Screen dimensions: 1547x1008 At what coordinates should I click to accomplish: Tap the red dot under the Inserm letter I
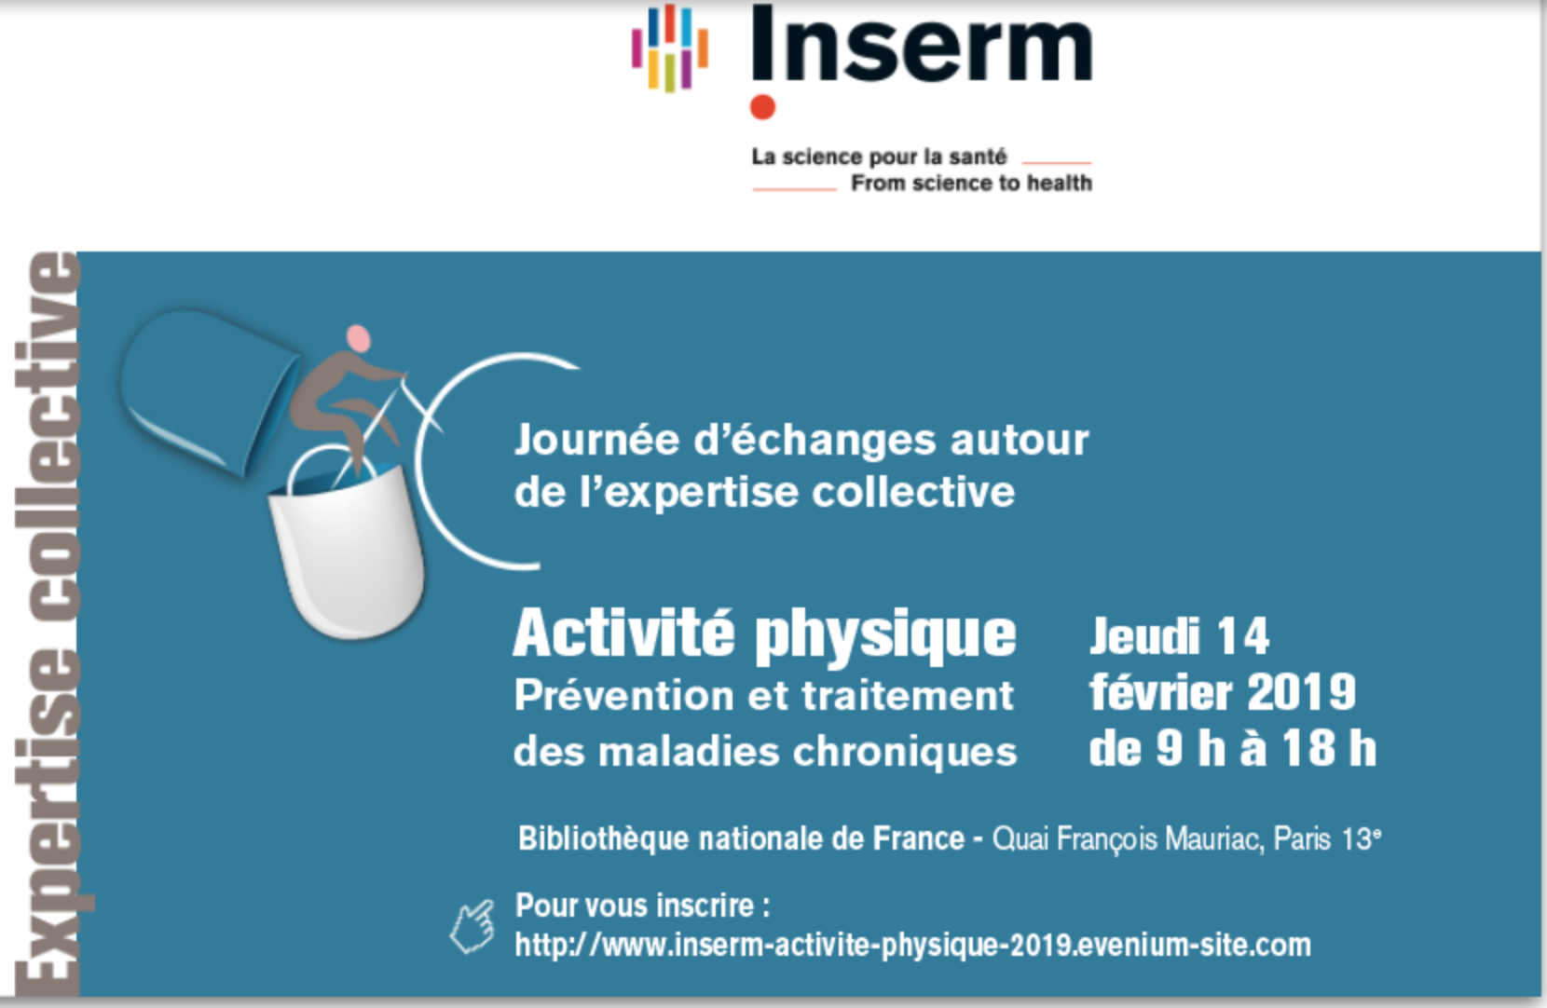coord(762,108)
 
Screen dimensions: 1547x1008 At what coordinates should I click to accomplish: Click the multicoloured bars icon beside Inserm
coord(670,48)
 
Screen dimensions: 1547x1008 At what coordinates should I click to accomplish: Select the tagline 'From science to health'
coord(971,183)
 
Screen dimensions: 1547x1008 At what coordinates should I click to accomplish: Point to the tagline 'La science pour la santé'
coord(879,157)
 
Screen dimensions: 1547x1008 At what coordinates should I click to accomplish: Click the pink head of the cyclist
coord(359,338)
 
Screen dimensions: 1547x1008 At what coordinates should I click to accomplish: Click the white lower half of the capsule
coord(347,552)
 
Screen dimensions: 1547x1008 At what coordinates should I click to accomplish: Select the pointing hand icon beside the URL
coord(473,926)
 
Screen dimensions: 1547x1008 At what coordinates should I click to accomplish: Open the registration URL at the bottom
coord(913,946)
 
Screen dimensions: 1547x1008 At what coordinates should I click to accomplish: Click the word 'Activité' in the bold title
coord(623,633)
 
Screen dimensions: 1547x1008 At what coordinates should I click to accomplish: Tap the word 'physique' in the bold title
coord(885,638)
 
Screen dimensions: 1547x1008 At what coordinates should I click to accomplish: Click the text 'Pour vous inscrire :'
coord(642,906)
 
